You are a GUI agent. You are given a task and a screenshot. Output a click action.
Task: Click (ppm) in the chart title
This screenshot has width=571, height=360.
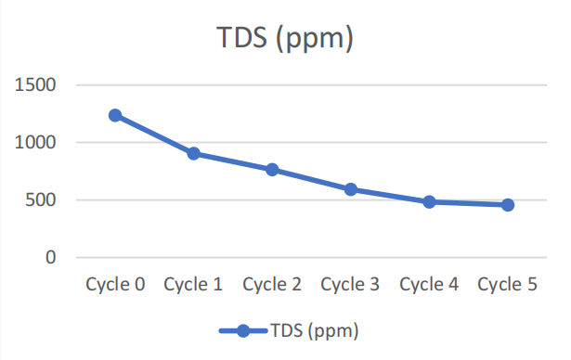[x=319, y=42]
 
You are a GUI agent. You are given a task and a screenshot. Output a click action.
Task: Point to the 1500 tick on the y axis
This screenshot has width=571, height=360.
[x=37, y=85]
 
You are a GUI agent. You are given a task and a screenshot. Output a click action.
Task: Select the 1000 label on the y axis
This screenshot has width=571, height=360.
[x=37, y=143]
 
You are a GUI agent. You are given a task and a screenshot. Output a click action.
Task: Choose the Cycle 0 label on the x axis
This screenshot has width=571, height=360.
[x=115, y=285]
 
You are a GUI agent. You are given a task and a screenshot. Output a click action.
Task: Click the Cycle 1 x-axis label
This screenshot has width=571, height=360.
[x=193, y=285]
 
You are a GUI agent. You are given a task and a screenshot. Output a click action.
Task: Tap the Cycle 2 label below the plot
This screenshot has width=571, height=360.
[x=272, y=285]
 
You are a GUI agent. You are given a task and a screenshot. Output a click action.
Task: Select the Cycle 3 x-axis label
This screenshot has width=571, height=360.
[x=350, y=285]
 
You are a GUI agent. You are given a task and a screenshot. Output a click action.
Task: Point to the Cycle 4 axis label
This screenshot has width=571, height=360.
[x=429, y=285]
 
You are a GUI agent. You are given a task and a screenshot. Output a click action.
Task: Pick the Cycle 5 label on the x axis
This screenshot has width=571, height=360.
[x=507, y=285]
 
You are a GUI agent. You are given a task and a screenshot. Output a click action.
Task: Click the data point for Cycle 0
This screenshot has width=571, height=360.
[x=115, y=115]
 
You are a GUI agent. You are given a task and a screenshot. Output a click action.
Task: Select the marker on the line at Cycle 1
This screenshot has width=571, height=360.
[x=194, y=153]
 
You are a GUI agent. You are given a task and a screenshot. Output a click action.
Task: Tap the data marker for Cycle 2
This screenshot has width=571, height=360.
[x=272, y=170]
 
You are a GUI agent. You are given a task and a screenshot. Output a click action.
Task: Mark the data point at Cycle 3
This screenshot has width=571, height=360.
[x=351, y=189]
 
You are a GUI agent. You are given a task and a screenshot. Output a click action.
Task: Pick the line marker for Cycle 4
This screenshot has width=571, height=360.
[x=429, y=201]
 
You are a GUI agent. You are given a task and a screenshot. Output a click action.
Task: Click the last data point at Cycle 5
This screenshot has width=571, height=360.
[x=508, y=205]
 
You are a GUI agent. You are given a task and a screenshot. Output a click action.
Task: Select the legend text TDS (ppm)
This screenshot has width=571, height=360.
[x=313, y=330]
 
